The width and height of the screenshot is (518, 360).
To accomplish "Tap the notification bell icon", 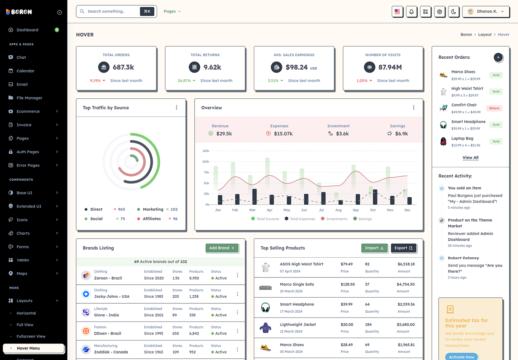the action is (412, 12).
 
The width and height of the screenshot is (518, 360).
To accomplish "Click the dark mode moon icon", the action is (454, 12).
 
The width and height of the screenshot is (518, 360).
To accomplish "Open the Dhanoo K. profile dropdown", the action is (486, 12).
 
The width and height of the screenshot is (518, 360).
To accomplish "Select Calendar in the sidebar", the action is (25, 71).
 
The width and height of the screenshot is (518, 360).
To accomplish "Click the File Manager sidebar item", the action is (29, 98).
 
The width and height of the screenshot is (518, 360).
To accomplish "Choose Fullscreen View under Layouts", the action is (31, 336).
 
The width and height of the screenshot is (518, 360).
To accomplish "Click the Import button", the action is (374, 248).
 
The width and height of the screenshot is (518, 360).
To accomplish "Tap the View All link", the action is (470, 158).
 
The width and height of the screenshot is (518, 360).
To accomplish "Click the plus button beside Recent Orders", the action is (498, 57).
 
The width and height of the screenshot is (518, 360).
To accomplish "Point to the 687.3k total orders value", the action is (123, 67).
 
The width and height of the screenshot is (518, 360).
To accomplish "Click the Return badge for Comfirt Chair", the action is (494, 108).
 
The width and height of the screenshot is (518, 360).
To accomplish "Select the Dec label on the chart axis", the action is (407, 210).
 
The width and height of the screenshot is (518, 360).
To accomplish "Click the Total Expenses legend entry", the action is (300, 219).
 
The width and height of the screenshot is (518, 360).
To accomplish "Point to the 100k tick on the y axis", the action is (206, 161).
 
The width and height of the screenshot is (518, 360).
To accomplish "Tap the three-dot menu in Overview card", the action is (414, 108).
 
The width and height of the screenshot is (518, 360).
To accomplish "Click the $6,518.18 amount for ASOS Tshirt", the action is (406, 264).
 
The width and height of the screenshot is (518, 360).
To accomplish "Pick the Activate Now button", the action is (461, 357).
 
